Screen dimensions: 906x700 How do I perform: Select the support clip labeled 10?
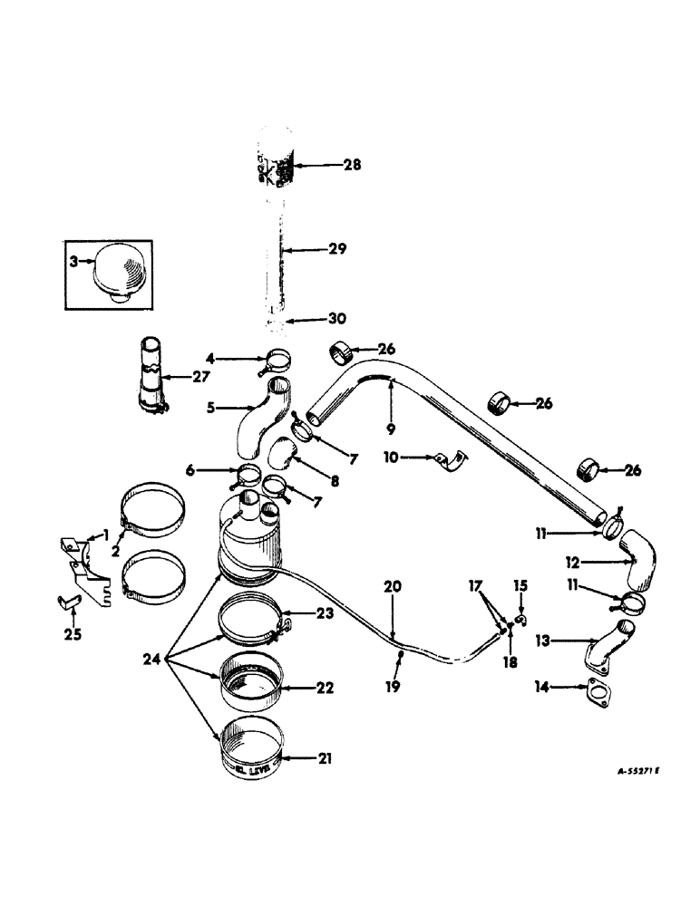click(x=447, y=462)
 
